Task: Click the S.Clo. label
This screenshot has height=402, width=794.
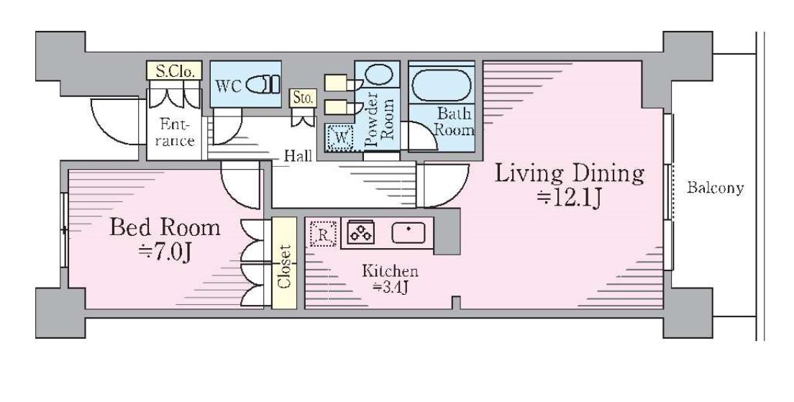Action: point(175,71)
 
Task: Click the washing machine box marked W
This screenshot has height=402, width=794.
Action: point(339,137)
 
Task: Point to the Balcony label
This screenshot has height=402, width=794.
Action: point(715,188)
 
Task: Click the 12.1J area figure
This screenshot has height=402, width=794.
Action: point(569,199)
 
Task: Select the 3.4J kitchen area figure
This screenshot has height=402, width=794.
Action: point(390,288)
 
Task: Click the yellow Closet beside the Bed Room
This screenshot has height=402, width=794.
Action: point(284,263)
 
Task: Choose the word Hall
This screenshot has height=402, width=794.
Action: point(297,155)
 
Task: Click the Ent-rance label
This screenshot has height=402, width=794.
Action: point(174,132)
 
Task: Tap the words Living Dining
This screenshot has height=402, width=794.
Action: point(569,174)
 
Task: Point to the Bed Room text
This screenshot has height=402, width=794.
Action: point(165,227)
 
